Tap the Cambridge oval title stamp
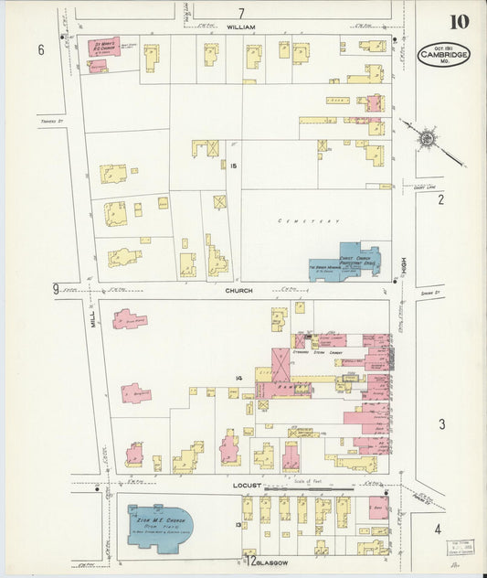pos(445,55)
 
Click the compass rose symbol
pos(426,139)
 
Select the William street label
pos(242,27)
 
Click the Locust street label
pos(247,485)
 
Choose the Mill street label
pos(92,317)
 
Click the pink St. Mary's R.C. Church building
pos(103,47)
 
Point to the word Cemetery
pos(309,221)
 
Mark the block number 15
pos(234,166)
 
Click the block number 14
pos(238,378)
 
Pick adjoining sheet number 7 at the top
pos(242,13)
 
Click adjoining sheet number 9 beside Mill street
pos(56,290)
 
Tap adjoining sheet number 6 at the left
pos(41,49)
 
